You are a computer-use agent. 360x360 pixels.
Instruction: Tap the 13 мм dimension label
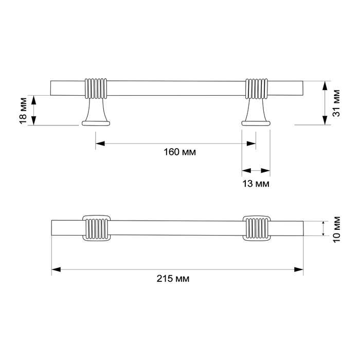[x=256, y=183]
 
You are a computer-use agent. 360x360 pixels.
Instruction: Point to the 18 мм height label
[x=23, y=110]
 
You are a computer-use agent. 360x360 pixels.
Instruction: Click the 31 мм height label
[x=337, y=103]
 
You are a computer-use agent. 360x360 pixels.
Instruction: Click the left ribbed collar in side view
[x=96, y=88]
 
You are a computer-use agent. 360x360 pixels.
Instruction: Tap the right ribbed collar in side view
[x=257, y=88]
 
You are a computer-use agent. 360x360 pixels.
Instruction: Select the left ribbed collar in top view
[x=96, y=227]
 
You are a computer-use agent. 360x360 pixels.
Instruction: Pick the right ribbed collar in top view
[x=257, y=227]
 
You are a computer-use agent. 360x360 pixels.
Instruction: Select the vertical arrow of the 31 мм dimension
[x=324, y=103]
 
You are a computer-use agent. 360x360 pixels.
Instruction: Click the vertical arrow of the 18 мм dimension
[x=34, y=110]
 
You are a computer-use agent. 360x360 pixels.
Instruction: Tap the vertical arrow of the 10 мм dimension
[x=323, y=228]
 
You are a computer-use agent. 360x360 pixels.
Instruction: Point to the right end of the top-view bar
[x=302, y=227]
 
